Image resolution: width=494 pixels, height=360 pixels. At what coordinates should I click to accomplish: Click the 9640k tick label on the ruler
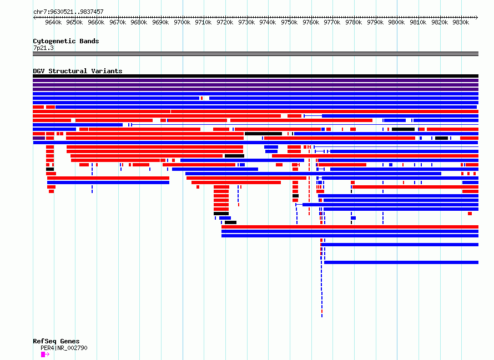[x=53, y=22]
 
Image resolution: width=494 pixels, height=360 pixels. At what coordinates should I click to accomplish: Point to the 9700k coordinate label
[x=182, y=22]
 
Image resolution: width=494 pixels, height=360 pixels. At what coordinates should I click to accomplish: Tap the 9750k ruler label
[x=289, y=22]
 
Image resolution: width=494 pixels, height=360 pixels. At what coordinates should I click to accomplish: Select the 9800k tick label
[x=396, y=22]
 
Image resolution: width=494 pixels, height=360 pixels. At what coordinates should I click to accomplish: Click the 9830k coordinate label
[x=461, y=22]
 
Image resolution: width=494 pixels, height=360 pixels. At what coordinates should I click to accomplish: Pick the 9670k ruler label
[x=118, y=22]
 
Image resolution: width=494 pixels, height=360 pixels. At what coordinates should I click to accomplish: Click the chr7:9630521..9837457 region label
[x=68, y=12]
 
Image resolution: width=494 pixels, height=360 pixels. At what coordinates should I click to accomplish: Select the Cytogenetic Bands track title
[x=66, y=41]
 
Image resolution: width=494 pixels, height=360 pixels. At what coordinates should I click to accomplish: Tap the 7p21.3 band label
[x=43, y=48]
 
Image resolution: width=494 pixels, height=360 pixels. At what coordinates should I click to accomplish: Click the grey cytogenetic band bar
[x=255, y=54]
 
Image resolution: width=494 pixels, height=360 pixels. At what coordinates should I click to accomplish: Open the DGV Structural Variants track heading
[x=78, y=71]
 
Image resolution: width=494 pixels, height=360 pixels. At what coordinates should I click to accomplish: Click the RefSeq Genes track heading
[x=56, y=341]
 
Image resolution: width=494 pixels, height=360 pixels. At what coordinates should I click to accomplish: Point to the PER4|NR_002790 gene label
[x=64, y=348]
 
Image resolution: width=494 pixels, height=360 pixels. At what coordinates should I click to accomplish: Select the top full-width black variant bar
[x=255, y=76]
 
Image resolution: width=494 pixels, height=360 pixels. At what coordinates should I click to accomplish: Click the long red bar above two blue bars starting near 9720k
[x=350, y=227]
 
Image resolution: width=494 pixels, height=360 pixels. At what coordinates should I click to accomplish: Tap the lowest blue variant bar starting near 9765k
[x=401, y=262]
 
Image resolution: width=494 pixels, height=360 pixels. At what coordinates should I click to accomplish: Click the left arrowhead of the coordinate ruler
[x=34, y=17]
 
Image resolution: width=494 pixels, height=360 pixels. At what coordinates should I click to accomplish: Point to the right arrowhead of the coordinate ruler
[x=477, y=17]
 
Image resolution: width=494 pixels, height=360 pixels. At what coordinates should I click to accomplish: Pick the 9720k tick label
[x=225, y=22]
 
